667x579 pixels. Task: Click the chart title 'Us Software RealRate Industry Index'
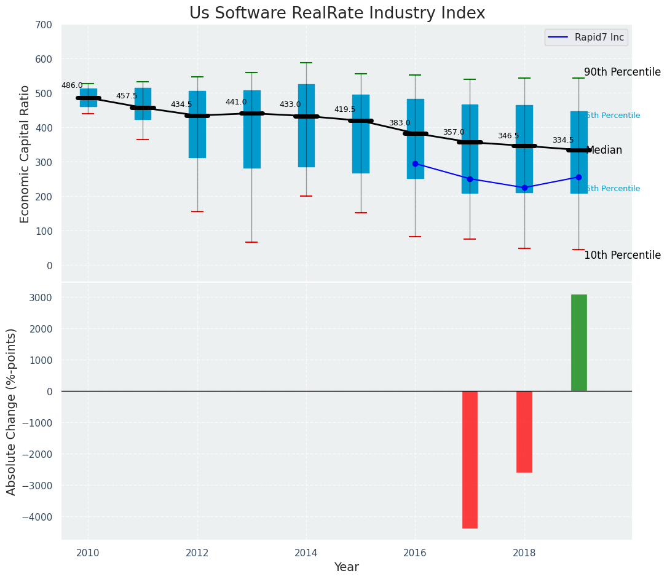(x=337, y=14)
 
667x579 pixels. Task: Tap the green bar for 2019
(x=578, y=342)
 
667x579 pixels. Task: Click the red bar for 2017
(x=470, y=459)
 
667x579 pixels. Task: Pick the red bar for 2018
(x=524, y=431)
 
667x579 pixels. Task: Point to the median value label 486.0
(x=72, y=85)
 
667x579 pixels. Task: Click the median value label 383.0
(x=399, y=123)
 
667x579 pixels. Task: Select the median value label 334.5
(x=562, y=140)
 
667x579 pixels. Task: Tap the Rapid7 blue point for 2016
(x=415, y=163)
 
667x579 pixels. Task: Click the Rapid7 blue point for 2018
(x=524, y=187)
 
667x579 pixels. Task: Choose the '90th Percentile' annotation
(x=622, y=72)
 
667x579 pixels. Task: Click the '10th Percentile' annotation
(x=622, y=255)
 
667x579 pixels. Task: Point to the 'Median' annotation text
(x=604, y=150)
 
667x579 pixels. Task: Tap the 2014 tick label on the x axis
(x=306, y=553)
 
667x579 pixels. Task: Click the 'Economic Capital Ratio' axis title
(x=25, y=154)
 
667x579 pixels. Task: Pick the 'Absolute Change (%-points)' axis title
(x=12, y=411)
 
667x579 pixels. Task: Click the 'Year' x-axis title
(x=346, y=567)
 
